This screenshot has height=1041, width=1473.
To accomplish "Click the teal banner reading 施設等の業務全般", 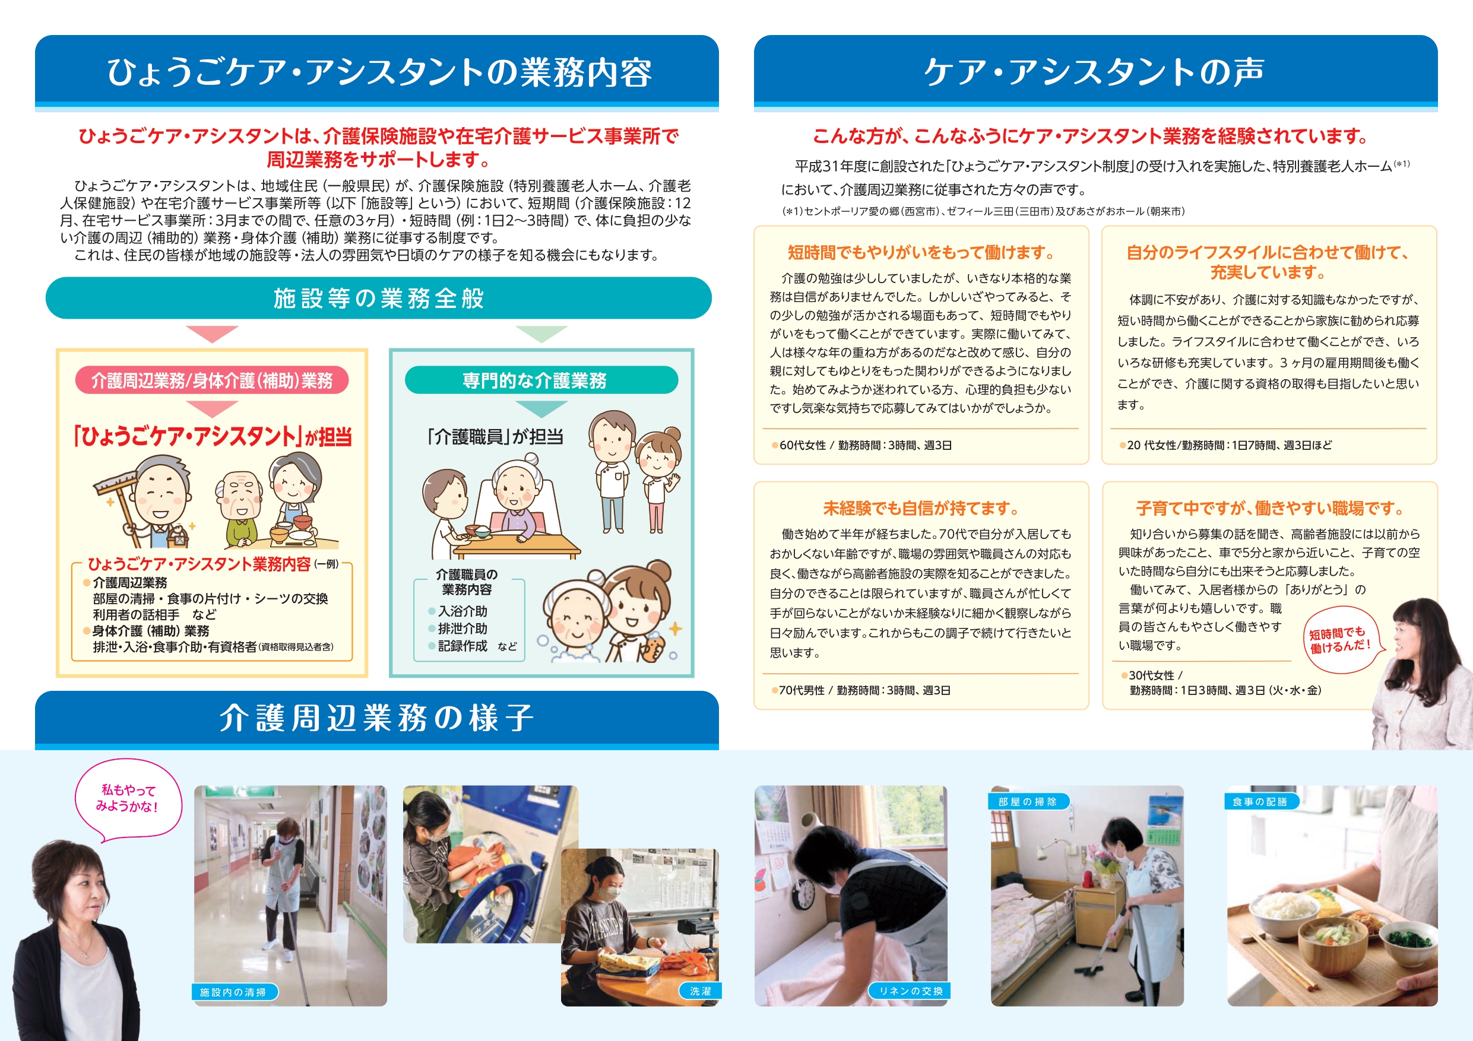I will pos(379,299).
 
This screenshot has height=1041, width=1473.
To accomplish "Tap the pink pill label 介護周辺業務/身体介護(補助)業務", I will pos(212,380).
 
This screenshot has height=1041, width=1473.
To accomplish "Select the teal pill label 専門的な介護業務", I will pos(541,380).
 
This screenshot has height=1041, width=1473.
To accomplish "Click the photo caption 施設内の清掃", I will pos(234,992).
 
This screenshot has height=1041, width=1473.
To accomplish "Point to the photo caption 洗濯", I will pos(700,991).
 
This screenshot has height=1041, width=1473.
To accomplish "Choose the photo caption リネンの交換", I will pos(910,991).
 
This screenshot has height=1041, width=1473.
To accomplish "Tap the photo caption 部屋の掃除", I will pos(1027,802).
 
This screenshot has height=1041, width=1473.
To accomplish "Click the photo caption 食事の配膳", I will pos(1260,802).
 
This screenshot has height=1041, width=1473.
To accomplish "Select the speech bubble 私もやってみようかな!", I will pos(128,798).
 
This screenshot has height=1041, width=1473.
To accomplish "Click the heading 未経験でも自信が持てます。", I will pos(921,509).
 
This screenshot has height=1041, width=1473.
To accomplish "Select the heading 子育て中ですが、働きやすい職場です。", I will pos(1269,509).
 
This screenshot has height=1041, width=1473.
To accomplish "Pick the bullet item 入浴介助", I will pos(463,611).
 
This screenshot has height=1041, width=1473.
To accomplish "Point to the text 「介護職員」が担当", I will pos(495,437).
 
